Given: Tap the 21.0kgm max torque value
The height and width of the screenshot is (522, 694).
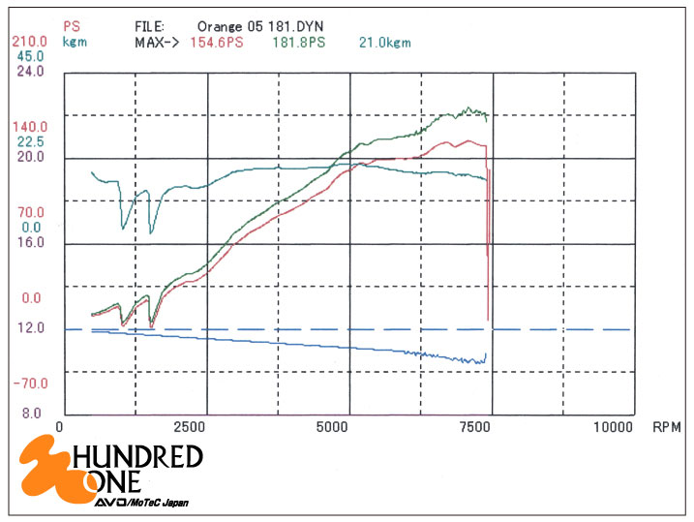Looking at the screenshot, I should coord(385,43).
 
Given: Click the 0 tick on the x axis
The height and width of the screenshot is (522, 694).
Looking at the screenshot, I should coord(60,426).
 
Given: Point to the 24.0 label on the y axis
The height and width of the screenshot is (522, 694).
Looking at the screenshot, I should coord(30,71).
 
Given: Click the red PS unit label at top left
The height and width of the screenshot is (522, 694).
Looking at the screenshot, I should coord(71,27).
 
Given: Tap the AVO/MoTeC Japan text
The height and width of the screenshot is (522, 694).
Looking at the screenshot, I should coord(140,503).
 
